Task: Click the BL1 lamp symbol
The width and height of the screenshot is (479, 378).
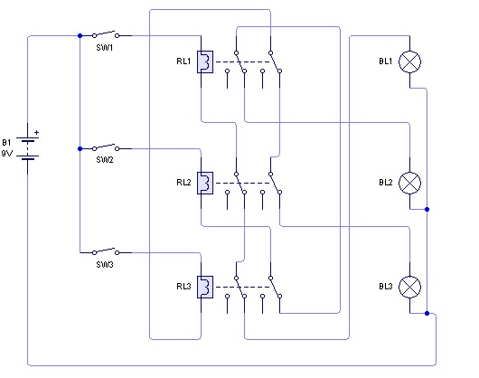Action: click(409, 61)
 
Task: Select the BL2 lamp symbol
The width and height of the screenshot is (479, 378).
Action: click(409, 183)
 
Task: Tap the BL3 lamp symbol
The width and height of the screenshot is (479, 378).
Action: click(409, 287)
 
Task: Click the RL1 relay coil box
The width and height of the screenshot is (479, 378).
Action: click(205, 61)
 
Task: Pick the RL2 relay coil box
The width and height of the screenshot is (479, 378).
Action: click(205, 183)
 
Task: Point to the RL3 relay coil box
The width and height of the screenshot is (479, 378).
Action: click(205, 287)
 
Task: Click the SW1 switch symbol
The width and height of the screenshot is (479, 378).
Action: click(106, 34)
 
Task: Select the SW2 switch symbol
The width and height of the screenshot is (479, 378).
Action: click(106, 147)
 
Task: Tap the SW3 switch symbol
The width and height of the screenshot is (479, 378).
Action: click(106, 251)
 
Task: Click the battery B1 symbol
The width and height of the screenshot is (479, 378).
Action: click(27, 148)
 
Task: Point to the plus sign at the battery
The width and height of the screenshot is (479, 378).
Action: click(37, 133)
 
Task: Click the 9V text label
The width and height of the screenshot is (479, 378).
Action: click(7, 154)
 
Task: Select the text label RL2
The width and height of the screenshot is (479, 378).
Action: click(183, 183)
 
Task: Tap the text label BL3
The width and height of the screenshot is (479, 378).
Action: click(386, 287)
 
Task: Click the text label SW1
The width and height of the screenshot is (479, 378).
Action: click(105, 48)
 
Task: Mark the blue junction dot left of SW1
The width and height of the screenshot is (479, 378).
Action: click(80, 36)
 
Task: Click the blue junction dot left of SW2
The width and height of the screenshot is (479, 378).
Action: click(80, 149)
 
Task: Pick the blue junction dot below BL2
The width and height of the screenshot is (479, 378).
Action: click(427, 209)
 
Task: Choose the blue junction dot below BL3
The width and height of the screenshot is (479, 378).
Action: click(427, 313)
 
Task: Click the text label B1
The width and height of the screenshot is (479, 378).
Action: click(6, 142)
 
